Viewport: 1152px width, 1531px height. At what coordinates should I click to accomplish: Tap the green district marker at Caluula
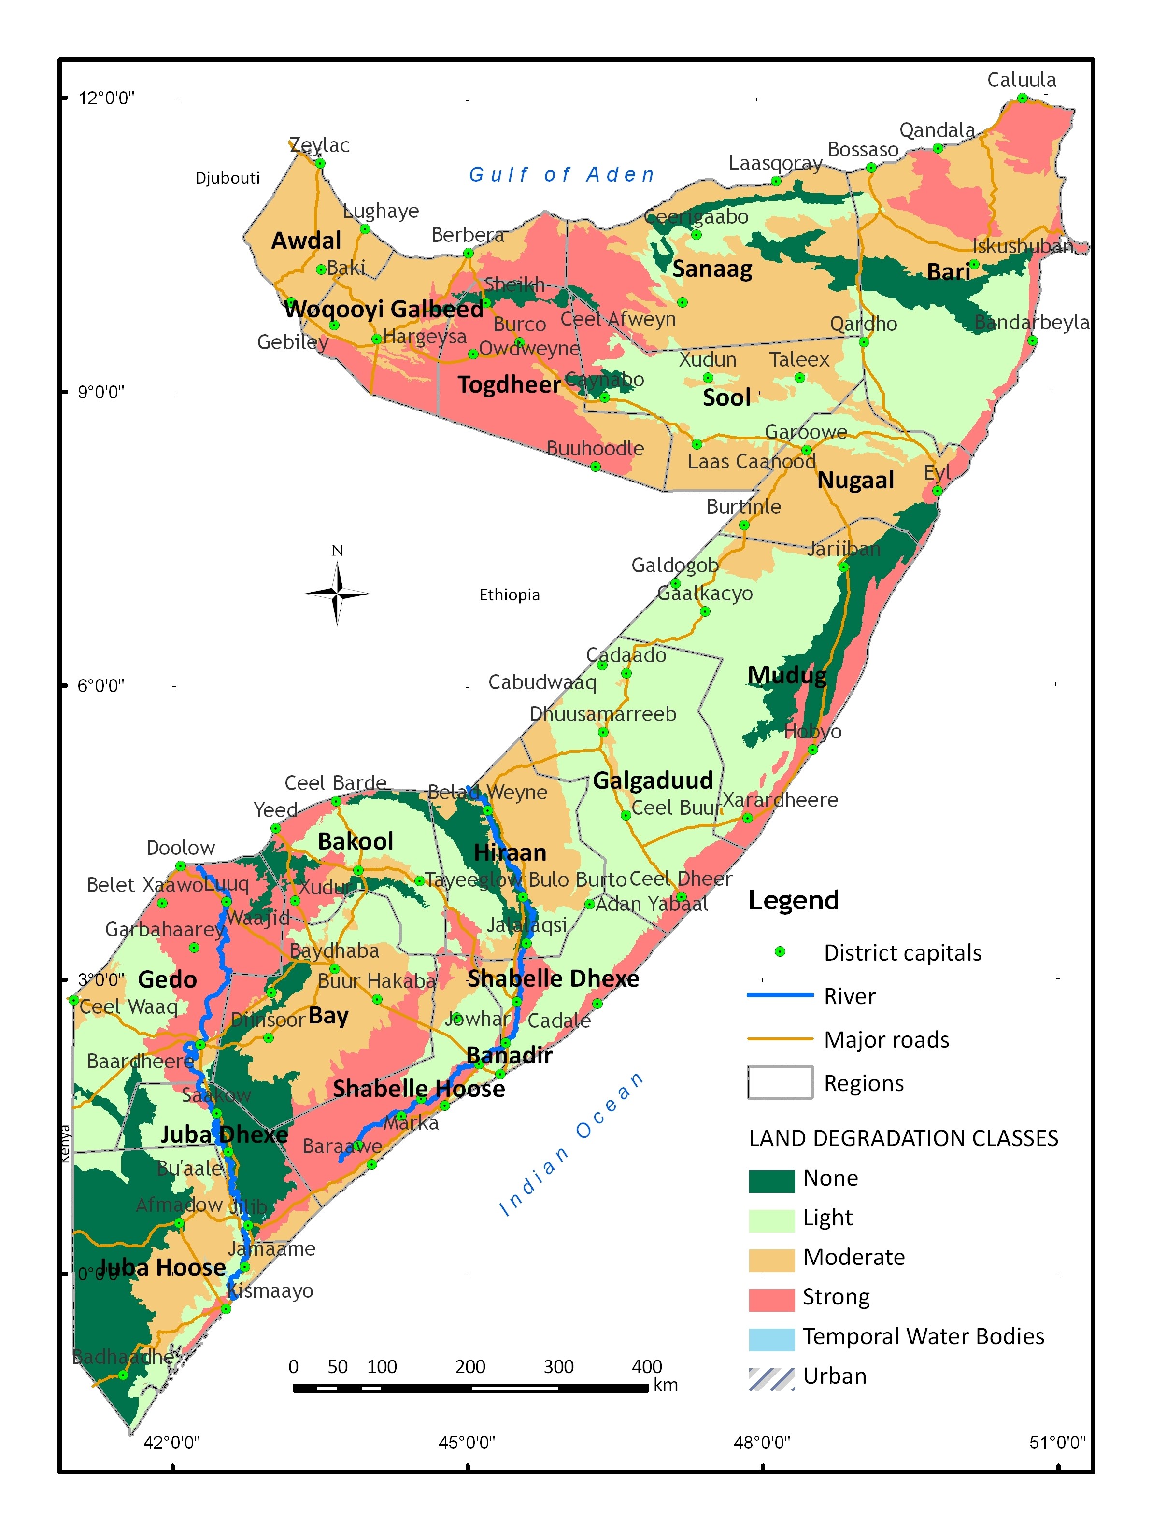[x=1022, y=98]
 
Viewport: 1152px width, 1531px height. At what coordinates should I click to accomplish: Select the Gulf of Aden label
[x=561, y=174]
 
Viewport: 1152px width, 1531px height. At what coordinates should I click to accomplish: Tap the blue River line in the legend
[x=780, y=995]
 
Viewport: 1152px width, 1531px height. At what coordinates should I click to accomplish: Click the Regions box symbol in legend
[x=780, y=1082]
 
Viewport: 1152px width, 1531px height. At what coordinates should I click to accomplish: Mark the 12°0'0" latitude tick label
[x=106, y=98]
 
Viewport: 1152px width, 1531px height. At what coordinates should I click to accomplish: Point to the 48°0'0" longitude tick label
[x=762, y=1442]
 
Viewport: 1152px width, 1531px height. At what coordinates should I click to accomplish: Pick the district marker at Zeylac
[x=320, y=163]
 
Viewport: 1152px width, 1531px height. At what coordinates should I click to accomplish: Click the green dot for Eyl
[x=937, y=490]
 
